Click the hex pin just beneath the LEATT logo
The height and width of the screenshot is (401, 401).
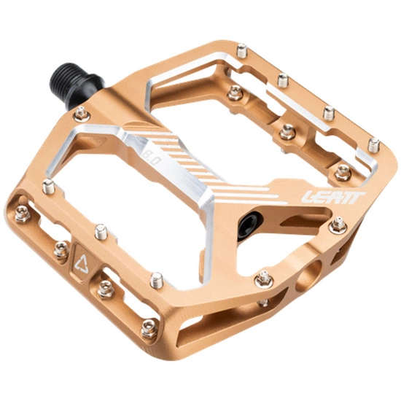(336, 226)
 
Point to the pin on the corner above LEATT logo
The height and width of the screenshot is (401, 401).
(374, 144)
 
